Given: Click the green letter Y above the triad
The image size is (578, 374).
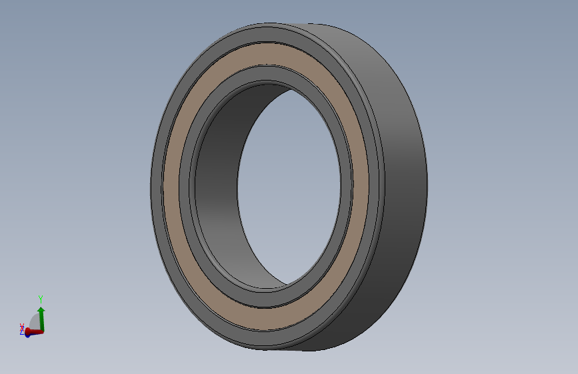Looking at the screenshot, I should pyautogui.click(x=41, y=299).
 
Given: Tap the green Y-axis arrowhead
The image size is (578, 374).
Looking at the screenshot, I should pyautogui.click(x=41, y=310).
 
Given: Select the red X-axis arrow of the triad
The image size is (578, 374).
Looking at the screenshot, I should pyautogui.click(x=35, y=331).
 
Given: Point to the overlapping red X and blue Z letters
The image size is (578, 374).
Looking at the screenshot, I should pyautogui.click(x=22, y=327).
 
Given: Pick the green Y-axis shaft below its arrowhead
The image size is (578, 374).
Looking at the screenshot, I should pyautogui.click(x=42, y=321).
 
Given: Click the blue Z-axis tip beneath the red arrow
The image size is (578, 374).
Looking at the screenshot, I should pyautogui.click(x=27, y=334).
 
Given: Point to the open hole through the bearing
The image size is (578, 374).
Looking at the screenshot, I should pyautogui.click(x=290, y=186).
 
